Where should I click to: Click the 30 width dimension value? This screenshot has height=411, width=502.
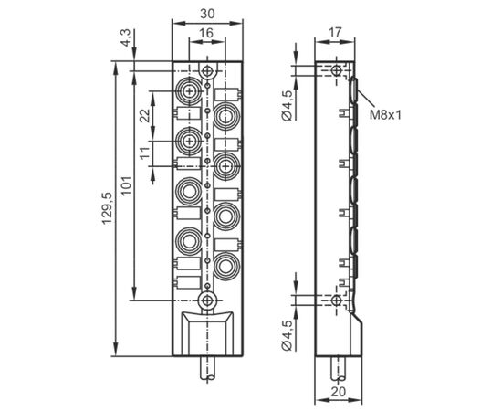click(x=207, y=14)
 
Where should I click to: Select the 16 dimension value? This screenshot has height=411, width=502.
click(x=206, y=33)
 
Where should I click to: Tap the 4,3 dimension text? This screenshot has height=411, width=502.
click(x=126, y=37)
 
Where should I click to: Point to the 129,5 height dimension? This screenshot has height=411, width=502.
click(x=108, y=208)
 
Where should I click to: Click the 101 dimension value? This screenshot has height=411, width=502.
click(x=127, y=185)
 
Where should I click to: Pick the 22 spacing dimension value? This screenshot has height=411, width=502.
click(x=145, y=115)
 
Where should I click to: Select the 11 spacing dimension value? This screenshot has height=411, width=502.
click(x=145, y=153)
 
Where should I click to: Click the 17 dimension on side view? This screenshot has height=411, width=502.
click(x=335, y=32)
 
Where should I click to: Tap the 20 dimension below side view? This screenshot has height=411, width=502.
click(x=339, y=392)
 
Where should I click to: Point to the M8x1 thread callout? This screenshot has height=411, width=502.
click(x=385, y=115)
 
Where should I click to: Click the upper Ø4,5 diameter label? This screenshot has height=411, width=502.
click(x=288, y=105)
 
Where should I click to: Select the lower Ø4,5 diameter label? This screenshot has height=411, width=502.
click(x=288, y=335)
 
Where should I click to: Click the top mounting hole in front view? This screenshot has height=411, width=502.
click(x=208, y=70)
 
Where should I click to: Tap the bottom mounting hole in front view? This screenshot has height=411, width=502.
click(x=208, y=300)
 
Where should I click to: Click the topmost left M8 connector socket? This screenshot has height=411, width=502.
click(x=190, y=91)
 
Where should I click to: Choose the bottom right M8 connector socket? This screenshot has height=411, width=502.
click(x=226, y=266)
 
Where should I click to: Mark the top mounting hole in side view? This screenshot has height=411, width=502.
click(x=336, y=69)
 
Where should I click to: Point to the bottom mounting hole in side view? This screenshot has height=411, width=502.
click(x=336, y=300)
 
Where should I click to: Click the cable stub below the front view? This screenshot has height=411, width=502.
click(x=208, y=369)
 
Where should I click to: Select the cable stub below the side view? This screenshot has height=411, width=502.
click(x=338, y=369)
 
